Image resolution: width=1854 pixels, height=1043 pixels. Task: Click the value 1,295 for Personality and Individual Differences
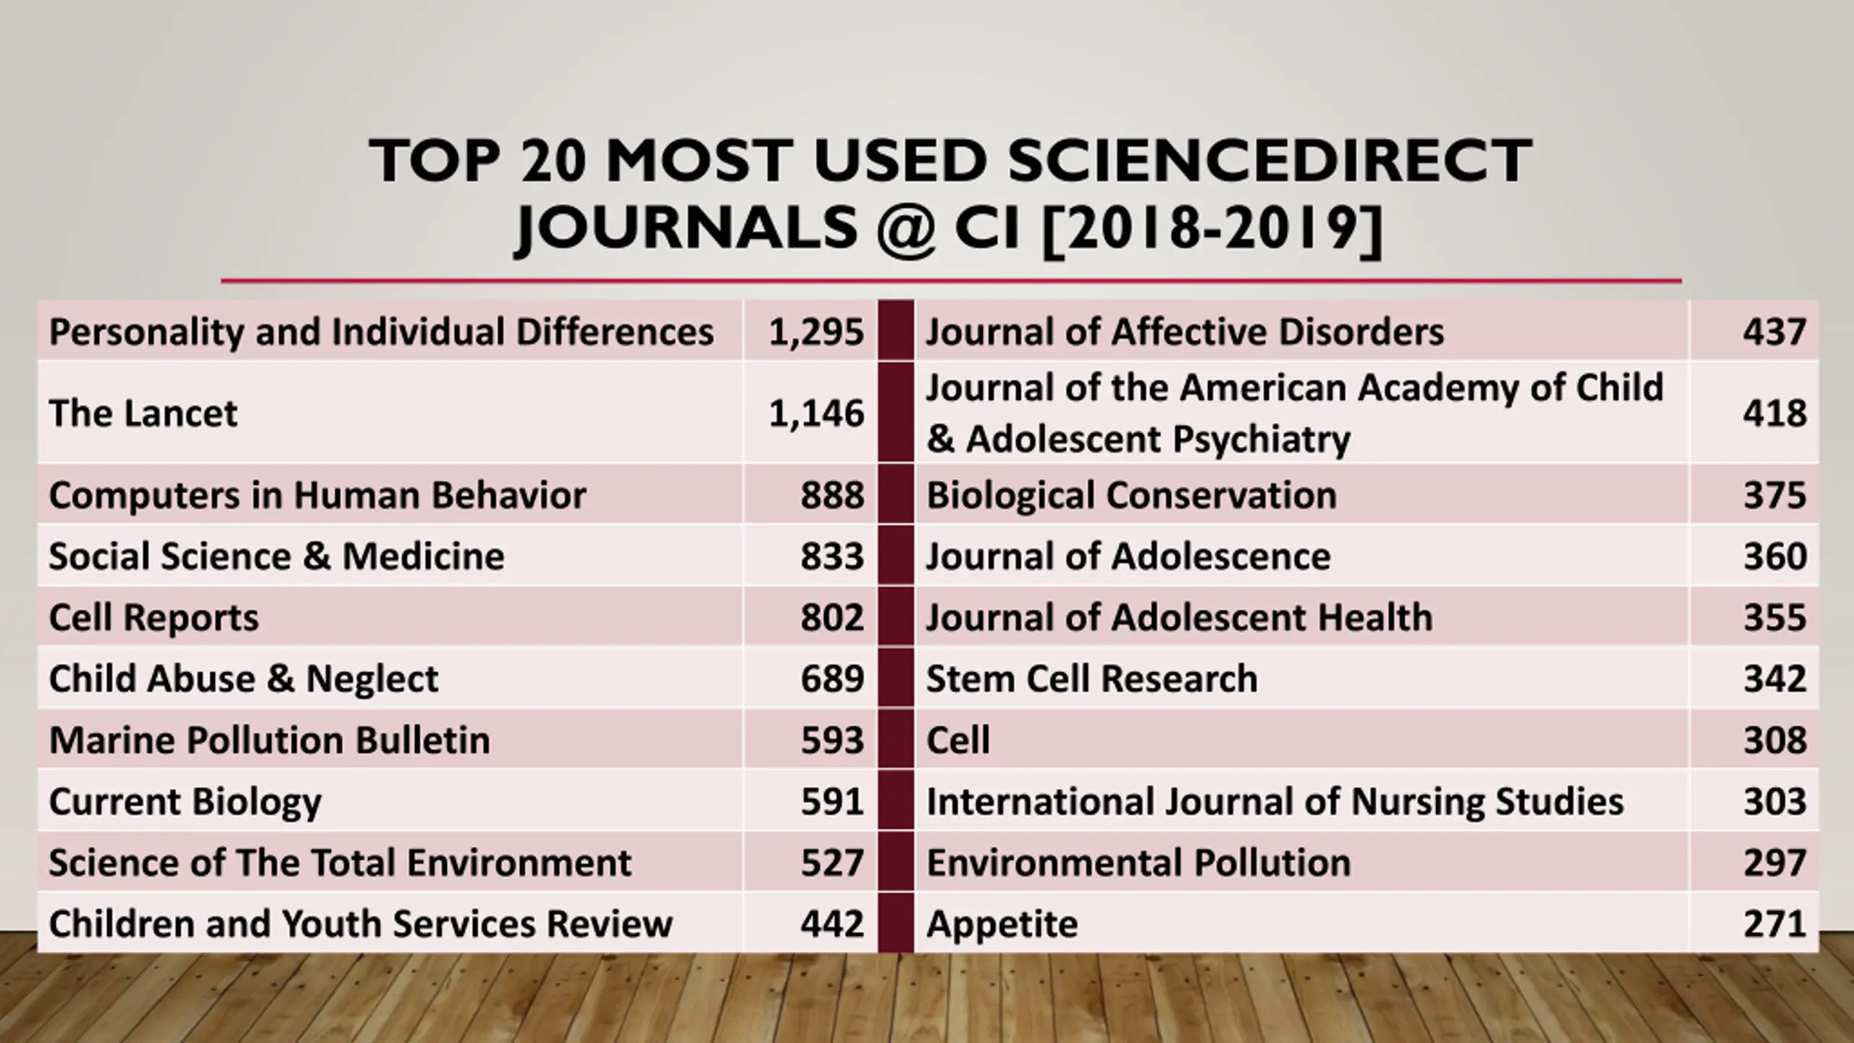816,332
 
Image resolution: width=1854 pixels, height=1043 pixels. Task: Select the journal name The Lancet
143,414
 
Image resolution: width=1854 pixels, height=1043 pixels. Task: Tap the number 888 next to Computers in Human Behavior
832,495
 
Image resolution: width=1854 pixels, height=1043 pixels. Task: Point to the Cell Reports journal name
154,618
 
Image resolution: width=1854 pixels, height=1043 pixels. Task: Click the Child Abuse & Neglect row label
243,679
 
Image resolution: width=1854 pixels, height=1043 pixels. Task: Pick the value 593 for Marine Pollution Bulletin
832,740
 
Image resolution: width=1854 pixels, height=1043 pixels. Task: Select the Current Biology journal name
185,802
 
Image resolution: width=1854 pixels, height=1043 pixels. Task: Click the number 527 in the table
832,863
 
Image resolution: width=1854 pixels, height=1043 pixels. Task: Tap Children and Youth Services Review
361,924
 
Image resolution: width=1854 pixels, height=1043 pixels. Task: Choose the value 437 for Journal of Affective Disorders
1774,332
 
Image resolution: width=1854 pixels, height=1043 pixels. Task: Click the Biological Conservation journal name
1131,495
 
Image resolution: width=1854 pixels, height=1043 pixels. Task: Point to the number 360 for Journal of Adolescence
1774,556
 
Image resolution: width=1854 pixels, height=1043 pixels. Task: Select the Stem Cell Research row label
1091,679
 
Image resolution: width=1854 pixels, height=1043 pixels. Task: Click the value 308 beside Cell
1774,740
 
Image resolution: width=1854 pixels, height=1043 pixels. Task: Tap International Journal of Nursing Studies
1275,802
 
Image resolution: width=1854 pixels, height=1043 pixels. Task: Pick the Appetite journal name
1002,924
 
